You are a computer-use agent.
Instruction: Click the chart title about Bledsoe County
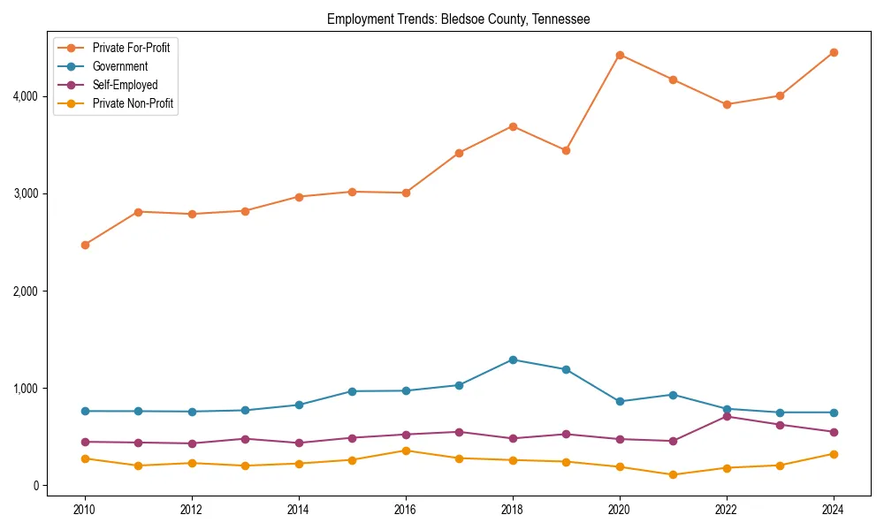pyautogui.click(x=458, y=19)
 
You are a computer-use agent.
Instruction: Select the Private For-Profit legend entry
pyautogui.click(x=131, y=48)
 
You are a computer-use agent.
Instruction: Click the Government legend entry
pyautogui.click(x=120, y=66)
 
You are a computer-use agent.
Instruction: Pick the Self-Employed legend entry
pyautogui.click(x=125, y=86)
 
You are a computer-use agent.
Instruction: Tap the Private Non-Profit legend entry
pyautogui.click(x=133, y=104)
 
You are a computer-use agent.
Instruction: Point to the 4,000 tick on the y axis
pyautogui.click(x=27, y=95)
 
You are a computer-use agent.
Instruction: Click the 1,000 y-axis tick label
pyautogui.click(x=27, y=388)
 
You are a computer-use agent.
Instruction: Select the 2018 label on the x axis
pyautogui.click(x=513, y=509)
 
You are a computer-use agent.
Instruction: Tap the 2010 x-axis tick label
pyautogui.click(x=85, y=509)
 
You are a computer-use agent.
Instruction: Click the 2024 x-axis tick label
pyautogui.click(x=834, y=509)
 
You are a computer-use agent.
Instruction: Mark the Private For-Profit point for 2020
pyautogui.click(x=620, y=55)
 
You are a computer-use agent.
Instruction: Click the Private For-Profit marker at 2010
pyautogui.click(x=85, y=245)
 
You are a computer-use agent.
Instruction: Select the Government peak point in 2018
pyautogui.click(x=513, y=360)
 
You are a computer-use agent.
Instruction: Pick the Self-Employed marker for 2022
pyautogui.click(x=727, y=416)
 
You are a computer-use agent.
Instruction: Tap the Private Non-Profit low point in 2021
pyautogui.click(x=673, y=474)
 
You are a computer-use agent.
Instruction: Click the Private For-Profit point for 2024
pyautogui.click(x=834, y=52)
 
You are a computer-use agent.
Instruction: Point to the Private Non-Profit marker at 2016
pyautogui.click(x=406, y=450)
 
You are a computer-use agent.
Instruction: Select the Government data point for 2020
pyautogui.click(x=620, y=401)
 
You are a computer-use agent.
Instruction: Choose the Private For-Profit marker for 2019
pyautogui.click(x=566, y=150)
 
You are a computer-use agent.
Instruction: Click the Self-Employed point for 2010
pyautogui.click(x=85, y=442)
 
